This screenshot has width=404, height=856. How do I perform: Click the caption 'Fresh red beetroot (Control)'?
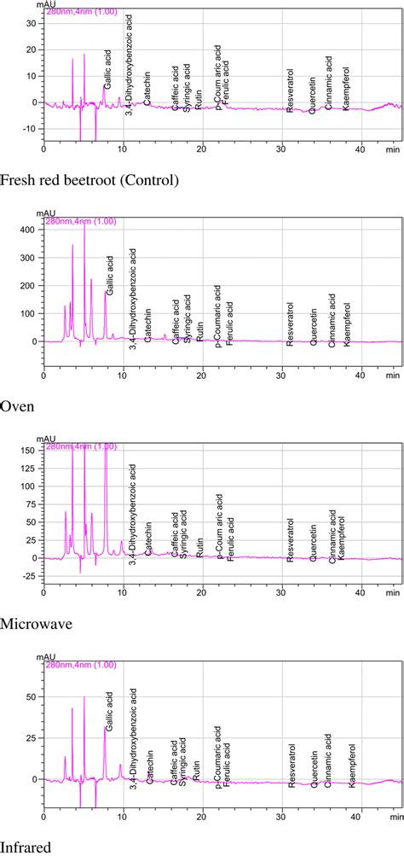tap(89, 180)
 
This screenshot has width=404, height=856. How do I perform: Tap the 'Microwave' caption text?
tap(36, 624)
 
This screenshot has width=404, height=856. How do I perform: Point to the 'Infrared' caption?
tap(26, 847)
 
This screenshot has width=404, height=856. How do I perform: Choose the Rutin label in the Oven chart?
tap(199, 329)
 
